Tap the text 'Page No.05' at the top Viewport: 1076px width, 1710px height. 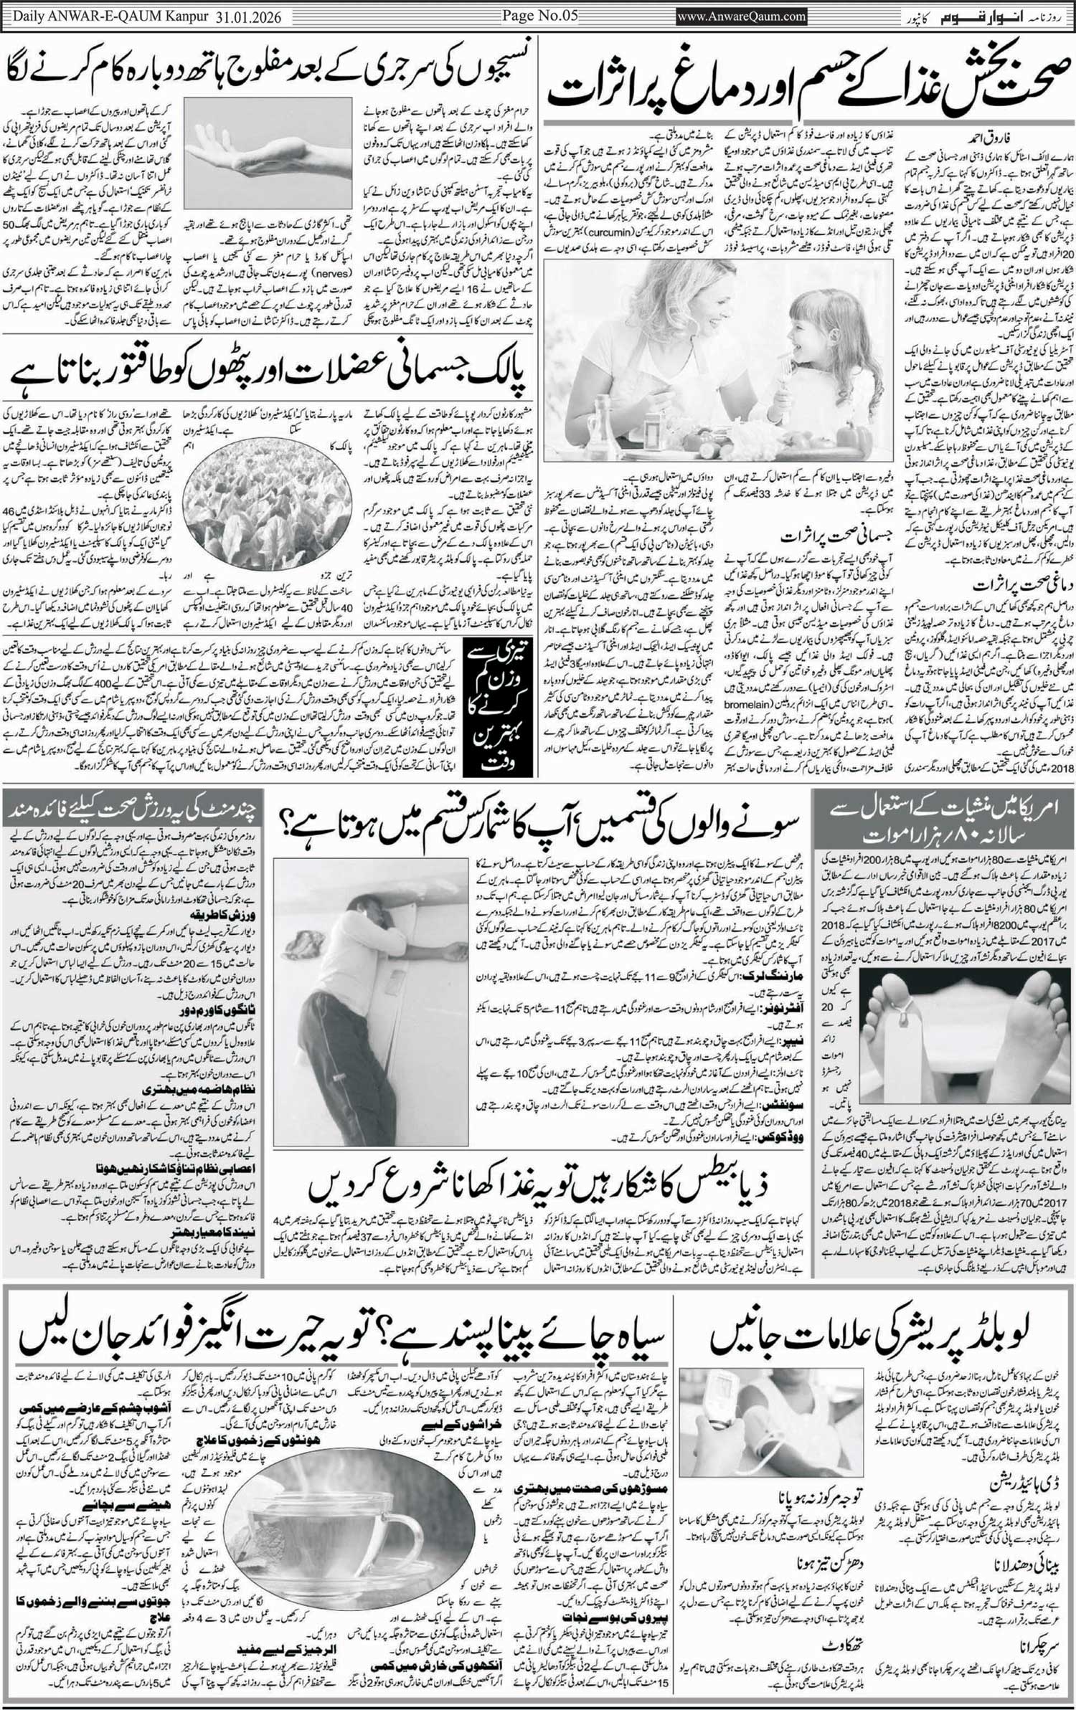pos(539,15)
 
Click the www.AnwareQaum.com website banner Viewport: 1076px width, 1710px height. pos(742,15)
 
